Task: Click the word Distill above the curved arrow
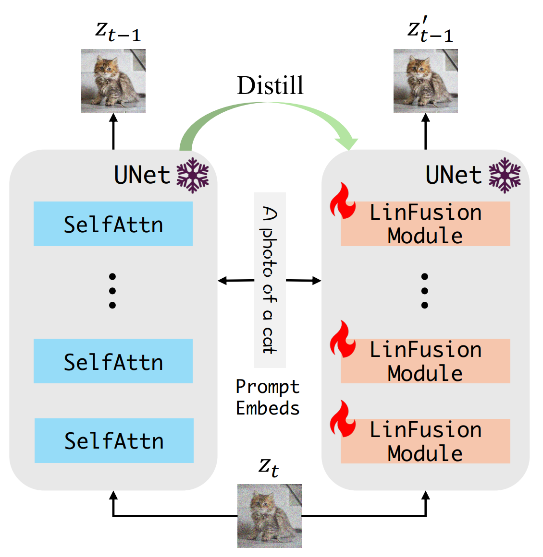tap(270, 85)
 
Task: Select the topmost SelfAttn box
tap(113, 224)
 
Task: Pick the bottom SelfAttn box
tap(114, 440)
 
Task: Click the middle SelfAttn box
tap(113, 361)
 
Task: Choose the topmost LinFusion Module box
tap(425, 224)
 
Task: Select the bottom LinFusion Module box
tap(425, 441)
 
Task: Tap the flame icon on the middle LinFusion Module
tap(342, 339)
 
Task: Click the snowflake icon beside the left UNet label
tap(193, 175)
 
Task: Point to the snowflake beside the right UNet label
tap(505, 175)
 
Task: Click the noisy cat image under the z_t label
tap(269, 516)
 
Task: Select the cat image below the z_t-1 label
tap(113, 81)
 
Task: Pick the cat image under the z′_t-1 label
tap(425, 81)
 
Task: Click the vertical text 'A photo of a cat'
tap(270, 280)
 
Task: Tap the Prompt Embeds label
tap(268, 397)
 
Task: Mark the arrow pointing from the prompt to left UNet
tap(235, 281)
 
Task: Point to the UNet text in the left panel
tap(142, 175)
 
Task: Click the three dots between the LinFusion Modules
tap(424, 291)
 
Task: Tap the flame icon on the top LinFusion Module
tap(342, 201)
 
